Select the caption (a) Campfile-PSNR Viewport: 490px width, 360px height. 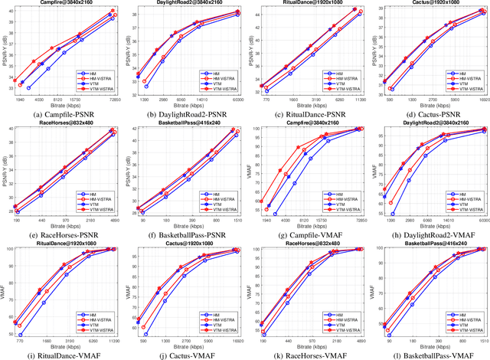[x=63, y=113]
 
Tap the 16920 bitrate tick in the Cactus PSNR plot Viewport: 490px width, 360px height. [x=482, y=100]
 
